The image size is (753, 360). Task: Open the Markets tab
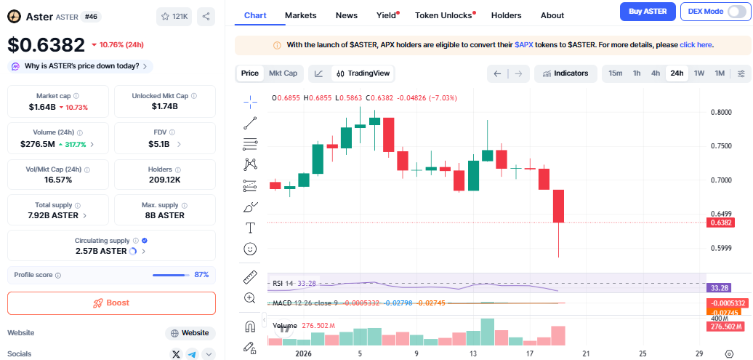coord(300,15)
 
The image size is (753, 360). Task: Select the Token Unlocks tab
coord(443,15)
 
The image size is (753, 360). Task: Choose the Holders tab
coord(506,15)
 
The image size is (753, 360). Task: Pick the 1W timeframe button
coord(699,73)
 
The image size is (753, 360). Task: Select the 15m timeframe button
coord(615,73)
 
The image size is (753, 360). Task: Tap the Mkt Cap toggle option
coord(283,73)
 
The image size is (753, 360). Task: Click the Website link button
coord(190,333)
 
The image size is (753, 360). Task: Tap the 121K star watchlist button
coord(174,16)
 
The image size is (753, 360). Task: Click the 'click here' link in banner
coord(696,45)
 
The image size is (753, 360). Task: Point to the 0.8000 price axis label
coord(721,113)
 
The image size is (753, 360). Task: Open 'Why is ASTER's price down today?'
coord(80,66)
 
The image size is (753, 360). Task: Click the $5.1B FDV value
coord(160,144)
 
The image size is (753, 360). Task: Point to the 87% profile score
coord(201,275)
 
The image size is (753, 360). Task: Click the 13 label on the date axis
coord(472,353)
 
